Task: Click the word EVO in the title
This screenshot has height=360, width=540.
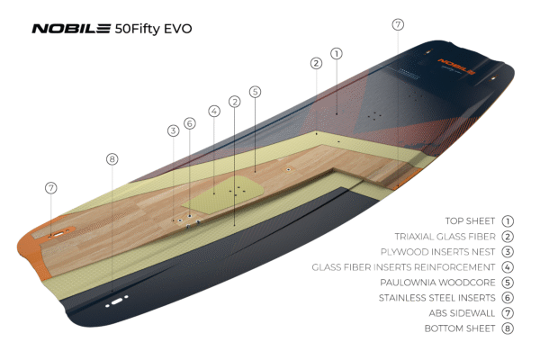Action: [176, 28]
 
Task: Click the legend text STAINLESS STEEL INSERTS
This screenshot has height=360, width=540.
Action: [436, 297]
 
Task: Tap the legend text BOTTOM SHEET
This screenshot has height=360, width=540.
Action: [460, 328]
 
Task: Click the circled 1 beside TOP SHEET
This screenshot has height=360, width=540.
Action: [508, 220]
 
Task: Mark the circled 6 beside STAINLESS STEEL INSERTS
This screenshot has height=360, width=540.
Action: [508, 297]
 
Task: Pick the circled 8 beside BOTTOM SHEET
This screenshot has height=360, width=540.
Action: [508, 328]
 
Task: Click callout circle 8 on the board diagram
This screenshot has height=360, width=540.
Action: [112, 159]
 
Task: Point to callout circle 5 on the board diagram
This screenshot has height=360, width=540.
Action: [255, 92]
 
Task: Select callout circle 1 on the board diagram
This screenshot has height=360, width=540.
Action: [336, 53]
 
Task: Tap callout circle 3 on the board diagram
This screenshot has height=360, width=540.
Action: [173, 130]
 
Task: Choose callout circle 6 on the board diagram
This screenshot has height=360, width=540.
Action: [189, 123]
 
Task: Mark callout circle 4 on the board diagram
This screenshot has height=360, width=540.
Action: [214, 112]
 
